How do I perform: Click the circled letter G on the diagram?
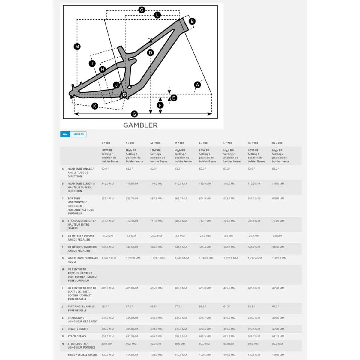134,114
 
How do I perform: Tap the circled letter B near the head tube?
192,21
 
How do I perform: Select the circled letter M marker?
77,46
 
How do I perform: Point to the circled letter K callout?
95,106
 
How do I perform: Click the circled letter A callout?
197,85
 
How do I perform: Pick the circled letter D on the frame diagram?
151,53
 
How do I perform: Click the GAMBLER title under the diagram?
140,125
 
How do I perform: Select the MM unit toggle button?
65,134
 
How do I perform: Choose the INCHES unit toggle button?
78,134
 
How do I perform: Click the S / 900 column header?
106,143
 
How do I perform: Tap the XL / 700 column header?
277,143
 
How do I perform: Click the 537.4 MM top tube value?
108,199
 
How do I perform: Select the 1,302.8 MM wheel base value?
279,258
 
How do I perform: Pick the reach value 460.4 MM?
205,329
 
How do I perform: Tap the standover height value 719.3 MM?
108,221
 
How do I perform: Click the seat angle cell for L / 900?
203,307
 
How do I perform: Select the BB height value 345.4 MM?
205,247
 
